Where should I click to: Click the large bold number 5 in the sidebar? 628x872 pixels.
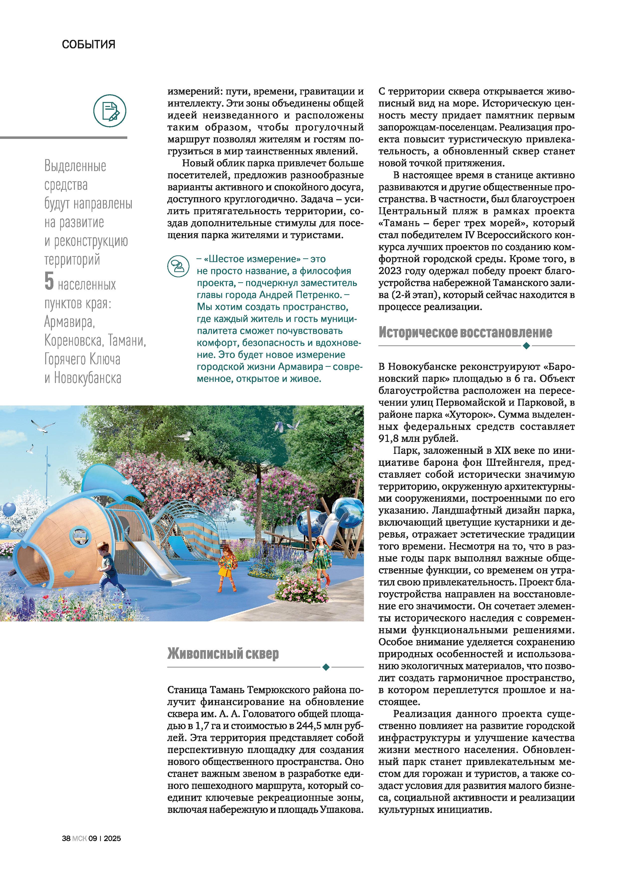[49, 282]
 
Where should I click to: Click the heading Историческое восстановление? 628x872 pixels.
[465, 332]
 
